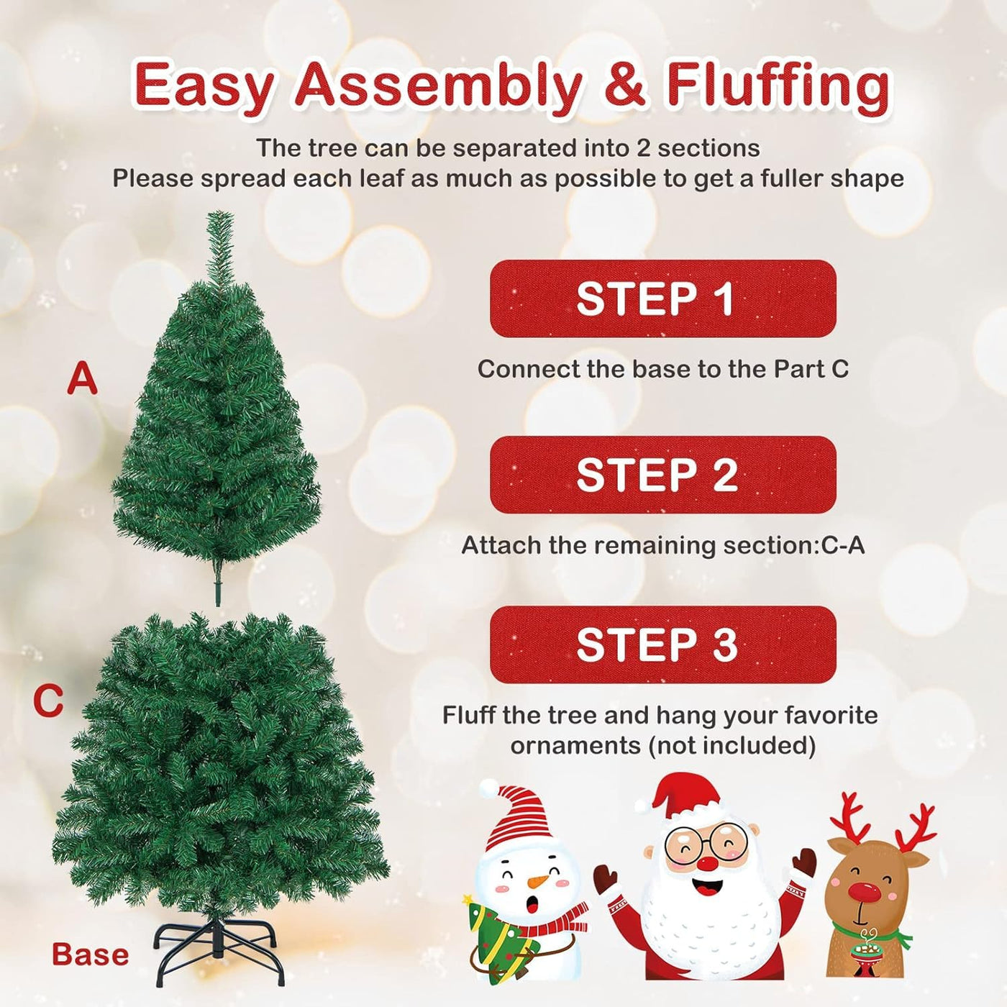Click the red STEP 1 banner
click(x=662, y=299)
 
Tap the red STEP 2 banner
click(x=662, y=475)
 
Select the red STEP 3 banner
click(x=662, y=644)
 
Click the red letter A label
click(x=83, y=379)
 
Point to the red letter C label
click(x=48, y=701)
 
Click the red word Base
click(x=91, y=954)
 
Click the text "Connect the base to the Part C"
click(x=662, y=369)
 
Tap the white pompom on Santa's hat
click(x=643, y=806)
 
